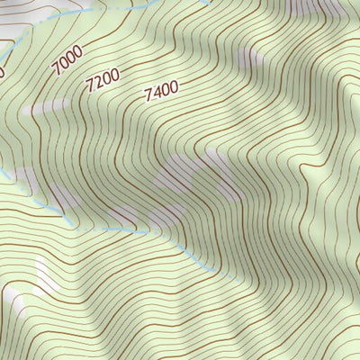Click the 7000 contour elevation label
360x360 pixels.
(x=67, y=60)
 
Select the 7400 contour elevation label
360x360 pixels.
(x=160, y=89)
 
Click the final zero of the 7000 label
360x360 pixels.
(x=78, y=52)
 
